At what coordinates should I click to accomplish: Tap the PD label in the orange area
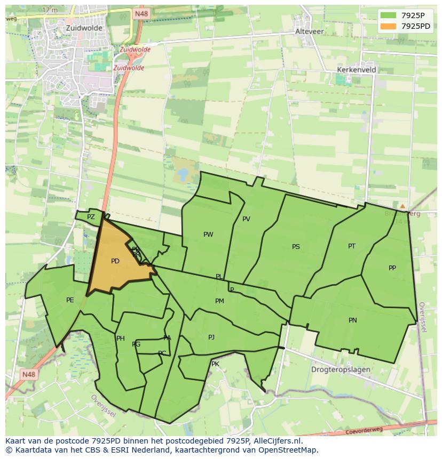point(115,261)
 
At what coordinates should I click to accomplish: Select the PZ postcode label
point(91,217)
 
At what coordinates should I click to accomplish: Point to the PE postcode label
point(70,300)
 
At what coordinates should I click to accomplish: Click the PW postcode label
point(208,235)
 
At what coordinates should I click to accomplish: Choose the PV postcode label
point(246,219)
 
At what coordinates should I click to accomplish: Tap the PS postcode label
point(296,247)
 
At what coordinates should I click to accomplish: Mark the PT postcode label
point(352,246)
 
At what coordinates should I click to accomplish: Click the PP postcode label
point(392,268)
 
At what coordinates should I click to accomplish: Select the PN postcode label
point(352,320)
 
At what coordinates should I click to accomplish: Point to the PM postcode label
point(219,301)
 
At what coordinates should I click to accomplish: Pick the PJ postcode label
point(211,337)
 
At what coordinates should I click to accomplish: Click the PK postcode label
point(215,364)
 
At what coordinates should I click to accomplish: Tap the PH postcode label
point(121,339)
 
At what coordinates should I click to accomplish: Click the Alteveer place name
point(310,31)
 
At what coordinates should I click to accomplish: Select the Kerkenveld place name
point(357,70)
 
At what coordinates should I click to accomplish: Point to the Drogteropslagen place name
point(341,369)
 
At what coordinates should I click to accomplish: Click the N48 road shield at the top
point(141,14)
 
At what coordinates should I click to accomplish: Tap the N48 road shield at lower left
point(29,375)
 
